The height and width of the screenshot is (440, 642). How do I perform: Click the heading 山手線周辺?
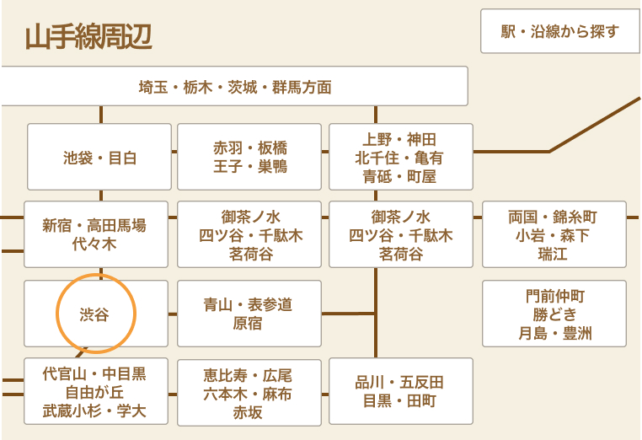(88, 38)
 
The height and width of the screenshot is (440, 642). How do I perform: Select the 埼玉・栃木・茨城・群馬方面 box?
(234, 87)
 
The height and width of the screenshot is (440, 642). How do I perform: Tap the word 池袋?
(79, 158)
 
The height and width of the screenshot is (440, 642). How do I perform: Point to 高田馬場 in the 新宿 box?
(117, 225)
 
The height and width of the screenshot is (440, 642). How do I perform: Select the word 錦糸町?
(576, 217)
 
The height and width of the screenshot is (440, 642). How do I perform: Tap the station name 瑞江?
(554, 254)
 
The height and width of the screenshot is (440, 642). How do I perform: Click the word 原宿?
(248, 324)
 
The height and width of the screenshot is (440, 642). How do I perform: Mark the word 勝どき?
(554, 314)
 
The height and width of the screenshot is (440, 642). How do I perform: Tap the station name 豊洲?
(576, 333)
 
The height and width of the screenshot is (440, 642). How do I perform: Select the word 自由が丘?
(94, 392)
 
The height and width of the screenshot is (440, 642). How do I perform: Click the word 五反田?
(421, 382)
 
